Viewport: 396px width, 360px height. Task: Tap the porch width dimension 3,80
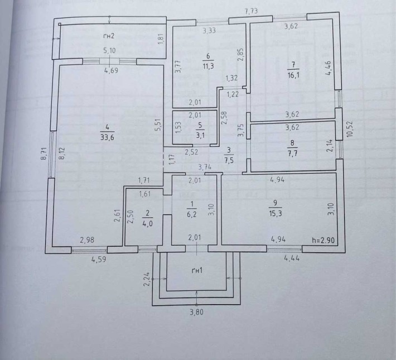(196, 313)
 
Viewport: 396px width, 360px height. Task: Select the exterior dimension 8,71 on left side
(43, 153)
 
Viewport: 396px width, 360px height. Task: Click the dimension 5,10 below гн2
(110, 51)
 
